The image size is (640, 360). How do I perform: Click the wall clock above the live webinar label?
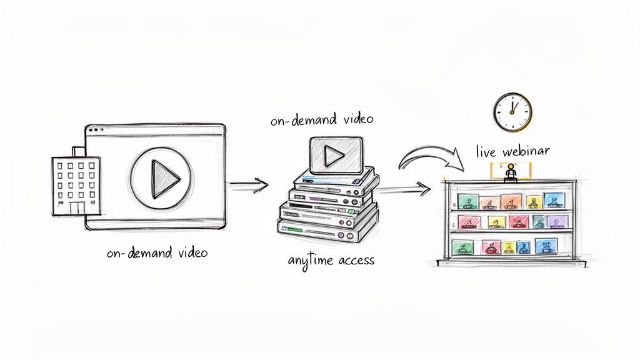pos(512,112)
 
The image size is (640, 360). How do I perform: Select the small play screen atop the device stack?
pos(336,154)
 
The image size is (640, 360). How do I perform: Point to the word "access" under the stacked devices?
pos(356,259)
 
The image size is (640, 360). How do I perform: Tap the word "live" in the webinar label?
pos(486,151)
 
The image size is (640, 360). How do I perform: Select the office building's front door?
pos(77,209)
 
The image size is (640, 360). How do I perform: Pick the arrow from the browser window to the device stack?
pos(249,184)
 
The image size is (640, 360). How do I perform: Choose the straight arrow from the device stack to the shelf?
pos(405,189)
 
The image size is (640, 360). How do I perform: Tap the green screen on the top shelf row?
pos(468,201)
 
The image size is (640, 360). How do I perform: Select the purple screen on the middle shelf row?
pos(556,221)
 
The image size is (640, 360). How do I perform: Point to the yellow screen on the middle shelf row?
pos(496,222)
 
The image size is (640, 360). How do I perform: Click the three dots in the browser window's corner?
pos(96,130)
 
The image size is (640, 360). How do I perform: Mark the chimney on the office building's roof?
pos(78,151)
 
